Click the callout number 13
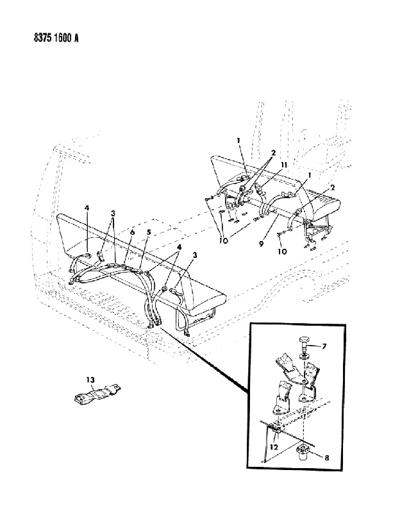pyautogui.click(x=90, y=380)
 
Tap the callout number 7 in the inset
pyautogui.click(x=324, y=346)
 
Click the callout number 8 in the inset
pyautogui.click(x=327, y=458)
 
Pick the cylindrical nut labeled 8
pyautogui.click(x=303, y=452)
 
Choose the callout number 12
pyautogui.click(x=274, y=446)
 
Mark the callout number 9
pyautogui.click(x=261, y=244)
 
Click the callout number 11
pyautogui.click(x=284, y=165)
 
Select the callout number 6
pyautogui.click(x=132, y=232)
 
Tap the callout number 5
pyautogui.click(x=149, y=232)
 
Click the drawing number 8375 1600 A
pyautogui.click(x=56, y=38)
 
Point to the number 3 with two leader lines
pyautogui.click(x=113, y=214)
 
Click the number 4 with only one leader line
pyautogui.click(x=87, y=207)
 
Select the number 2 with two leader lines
pyautogui.click(x=273, y=153)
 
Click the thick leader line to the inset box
pyautogui.click(x=205, y=359)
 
